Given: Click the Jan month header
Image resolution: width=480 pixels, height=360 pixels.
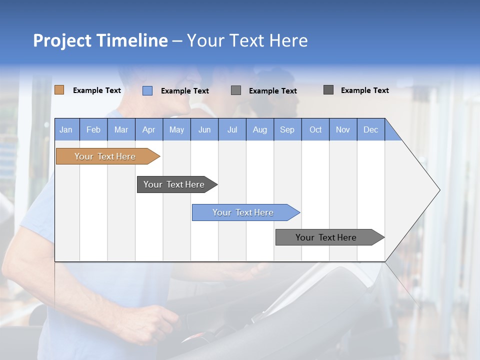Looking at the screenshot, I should click(66, 129).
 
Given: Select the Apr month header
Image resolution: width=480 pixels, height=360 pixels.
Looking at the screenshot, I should click(149, 129).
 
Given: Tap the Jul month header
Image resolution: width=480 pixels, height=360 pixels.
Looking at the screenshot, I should click(232, 129).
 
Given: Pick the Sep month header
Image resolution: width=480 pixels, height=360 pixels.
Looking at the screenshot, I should click(287, 129).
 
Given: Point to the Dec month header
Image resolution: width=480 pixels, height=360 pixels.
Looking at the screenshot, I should click(370, 129).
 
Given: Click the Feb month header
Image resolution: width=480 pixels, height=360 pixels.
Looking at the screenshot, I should click(93, 129).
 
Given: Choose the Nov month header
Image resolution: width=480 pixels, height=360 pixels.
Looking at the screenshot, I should click(343, 129).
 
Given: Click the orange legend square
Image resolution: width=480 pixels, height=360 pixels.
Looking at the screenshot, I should click(59, 90).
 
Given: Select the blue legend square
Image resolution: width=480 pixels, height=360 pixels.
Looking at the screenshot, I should click(147, 90).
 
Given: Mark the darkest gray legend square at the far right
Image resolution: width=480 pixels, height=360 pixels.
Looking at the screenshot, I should click(328, 90).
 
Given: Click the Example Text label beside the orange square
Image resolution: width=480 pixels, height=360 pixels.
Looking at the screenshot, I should click(97, 90).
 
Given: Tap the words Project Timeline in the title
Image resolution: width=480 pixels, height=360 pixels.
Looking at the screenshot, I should click(100, 40).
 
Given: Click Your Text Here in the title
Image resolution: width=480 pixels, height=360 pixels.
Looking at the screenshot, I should click(247, 40).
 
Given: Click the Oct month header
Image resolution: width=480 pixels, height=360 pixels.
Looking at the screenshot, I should click(315, 129).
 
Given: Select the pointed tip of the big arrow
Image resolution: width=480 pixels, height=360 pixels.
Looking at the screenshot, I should click(438, 189).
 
